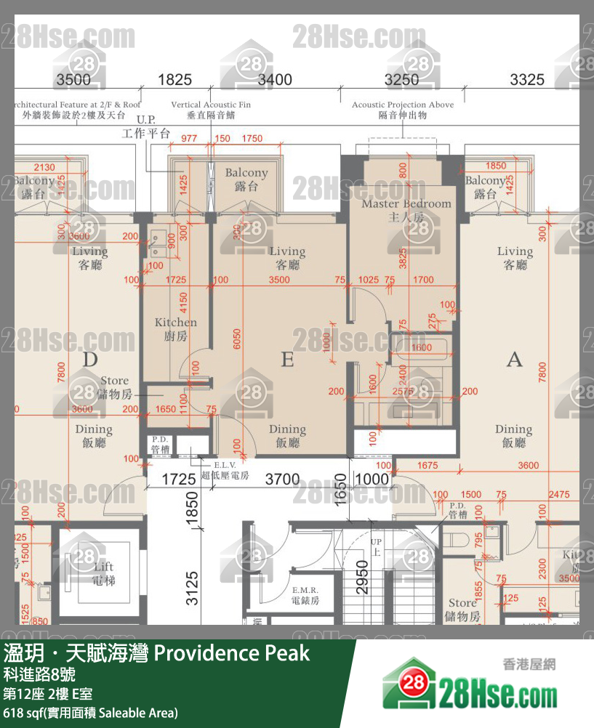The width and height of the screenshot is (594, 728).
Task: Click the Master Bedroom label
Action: pyautogui.click(x=406, y=209)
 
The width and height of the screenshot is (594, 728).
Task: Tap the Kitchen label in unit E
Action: pyautogui.click(x=175, y=328)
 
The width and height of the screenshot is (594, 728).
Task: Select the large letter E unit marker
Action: pyautogui.click(x=287, y=359)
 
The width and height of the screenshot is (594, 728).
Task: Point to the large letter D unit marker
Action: pyautogui.click(x=90, y=359)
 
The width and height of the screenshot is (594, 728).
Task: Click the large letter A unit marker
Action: pyautogui.click(x=514, y=359)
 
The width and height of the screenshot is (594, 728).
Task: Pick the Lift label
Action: pyautogui.click(x=103, y=573)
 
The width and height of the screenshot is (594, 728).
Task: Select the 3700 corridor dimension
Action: pyautogui.click(x=282, y=480)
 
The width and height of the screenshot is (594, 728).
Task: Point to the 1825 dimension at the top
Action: pyautogui.click(x=174, y=80)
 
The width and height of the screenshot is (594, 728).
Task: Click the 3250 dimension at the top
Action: pyautogui.click(x=401, y=80)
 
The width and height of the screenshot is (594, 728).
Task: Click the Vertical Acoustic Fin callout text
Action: pyautogui.click(x=211, y=110)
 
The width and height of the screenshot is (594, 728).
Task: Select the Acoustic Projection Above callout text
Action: pyautogui.click(x=402, y=110)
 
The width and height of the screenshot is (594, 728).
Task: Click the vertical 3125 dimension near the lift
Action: pyautogui.click(x=191, y=589)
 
